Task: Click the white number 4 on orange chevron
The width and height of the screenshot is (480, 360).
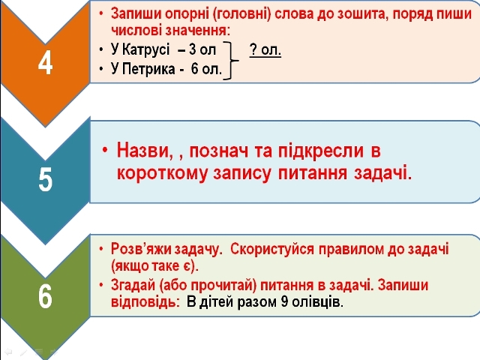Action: click(45, 64)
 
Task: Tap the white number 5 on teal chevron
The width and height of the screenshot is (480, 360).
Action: click(45, 180)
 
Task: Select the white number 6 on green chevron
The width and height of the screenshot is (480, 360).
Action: click(45, 296)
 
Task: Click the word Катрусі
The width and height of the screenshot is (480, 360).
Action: click(145, 49)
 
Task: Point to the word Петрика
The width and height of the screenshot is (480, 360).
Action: click(148, 69)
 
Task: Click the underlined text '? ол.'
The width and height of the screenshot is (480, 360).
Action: click(265, 49)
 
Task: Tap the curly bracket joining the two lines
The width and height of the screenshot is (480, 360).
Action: click(231, 61)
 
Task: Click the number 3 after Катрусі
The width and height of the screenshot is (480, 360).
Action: click(192, 49)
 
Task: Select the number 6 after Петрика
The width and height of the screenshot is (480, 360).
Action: click(195, 69)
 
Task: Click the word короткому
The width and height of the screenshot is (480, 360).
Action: click(162, 173)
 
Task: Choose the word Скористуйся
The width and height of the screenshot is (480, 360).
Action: click(272, 250)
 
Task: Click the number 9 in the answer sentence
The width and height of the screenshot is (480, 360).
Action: click(284, 301)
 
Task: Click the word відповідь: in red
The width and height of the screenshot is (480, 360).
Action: click(145, 301)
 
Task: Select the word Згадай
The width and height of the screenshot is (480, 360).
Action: click(133, 285)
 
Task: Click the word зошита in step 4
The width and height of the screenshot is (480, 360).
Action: click(361, 13)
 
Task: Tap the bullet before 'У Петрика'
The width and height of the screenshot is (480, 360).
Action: click(101, 69)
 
